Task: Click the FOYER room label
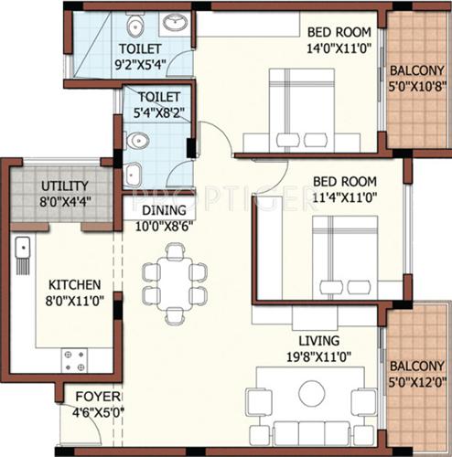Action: [x=95, y=397]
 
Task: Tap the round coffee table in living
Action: [x=312, y=394]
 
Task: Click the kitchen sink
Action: [x=22, y=248]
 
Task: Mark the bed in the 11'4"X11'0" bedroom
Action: [x=346, y=256]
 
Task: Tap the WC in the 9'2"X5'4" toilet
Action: [x=135, y=25]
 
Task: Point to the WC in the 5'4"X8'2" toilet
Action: [x=137, y=141]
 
